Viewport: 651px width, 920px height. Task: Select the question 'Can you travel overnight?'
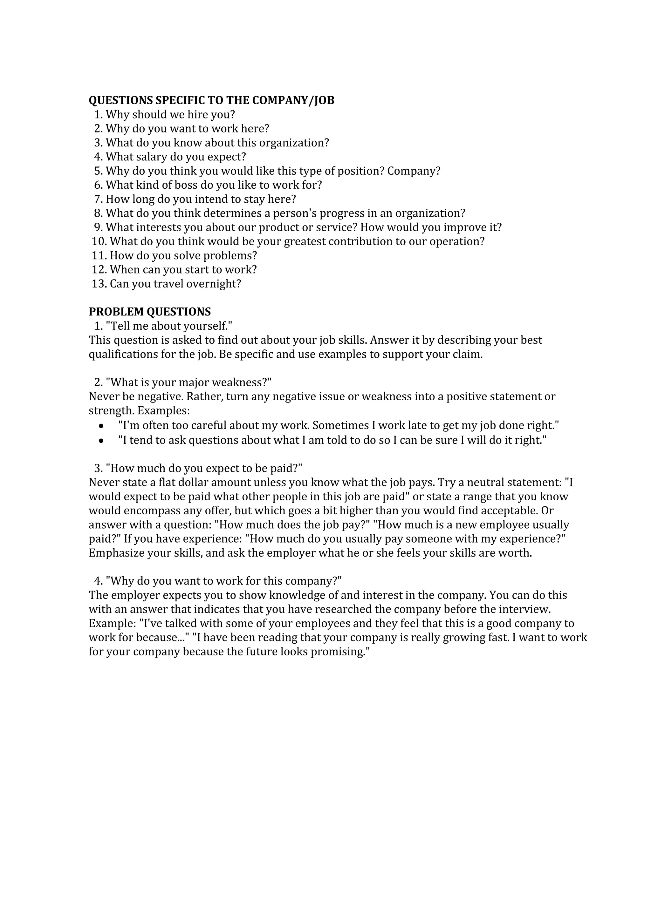(x=175, y=284)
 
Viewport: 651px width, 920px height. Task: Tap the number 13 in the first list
(x=98, y=284)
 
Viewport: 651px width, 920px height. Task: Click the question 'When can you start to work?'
(x=183, y=270)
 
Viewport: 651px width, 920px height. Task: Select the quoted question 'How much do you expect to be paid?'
(x=204, y=468)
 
